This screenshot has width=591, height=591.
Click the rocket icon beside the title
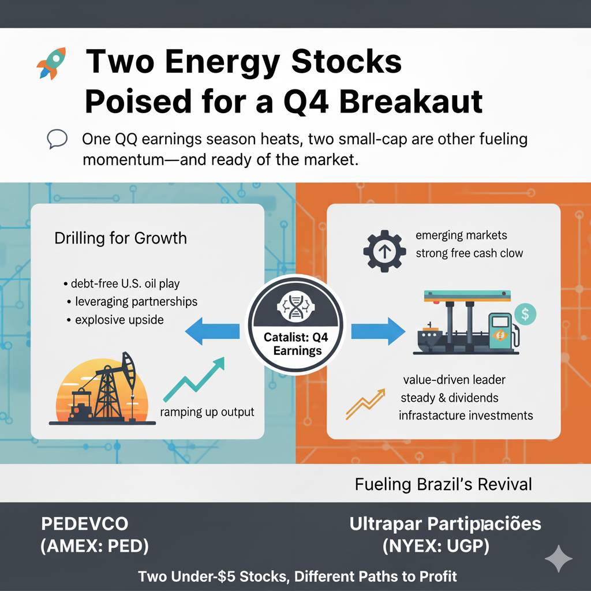pyautogui.click(x=51, y=63)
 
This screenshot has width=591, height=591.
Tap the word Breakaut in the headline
pyautogui.click(x=411, y=102)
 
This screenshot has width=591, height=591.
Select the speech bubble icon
pyautogui.click(x=57, y=139)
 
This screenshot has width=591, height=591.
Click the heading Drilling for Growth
pyautogui.click(x=121, y=238)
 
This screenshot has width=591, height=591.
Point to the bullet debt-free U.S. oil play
pyautogui.click(x=122, y=283)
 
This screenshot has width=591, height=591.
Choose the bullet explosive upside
pyautogui.click(x=115, y=320)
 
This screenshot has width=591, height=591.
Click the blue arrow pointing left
pyautogui.click(x=212, y=331)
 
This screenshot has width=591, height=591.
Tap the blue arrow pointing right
pyautogui.click(x=378, y=331)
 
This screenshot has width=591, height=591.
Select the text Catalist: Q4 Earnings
pyautogui.click(x=296, y=344)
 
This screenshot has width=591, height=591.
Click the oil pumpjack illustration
pyautogui.click(x=103, y=388)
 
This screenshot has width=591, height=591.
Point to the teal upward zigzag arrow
pyautogui.click(x=194, y=379)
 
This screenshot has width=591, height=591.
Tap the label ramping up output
pyautogui.click(x=207, y=412)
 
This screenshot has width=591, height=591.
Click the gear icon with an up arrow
pyautogui.click(x=384, y=251)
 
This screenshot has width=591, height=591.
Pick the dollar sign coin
pyautogui.click(x=525, y=314)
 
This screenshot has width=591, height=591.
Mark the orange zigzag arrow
pyautogui.click(x=365, y=404)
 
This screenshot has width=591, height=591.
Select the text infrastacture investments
pyautogui.click(x=466, y=416)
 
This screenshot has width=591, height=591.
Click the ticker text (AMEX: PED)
pyautogui.click(x=95, y=546)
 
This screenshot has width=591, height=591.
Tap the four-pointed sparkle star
pyautogui.click(x=559, y=559)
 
